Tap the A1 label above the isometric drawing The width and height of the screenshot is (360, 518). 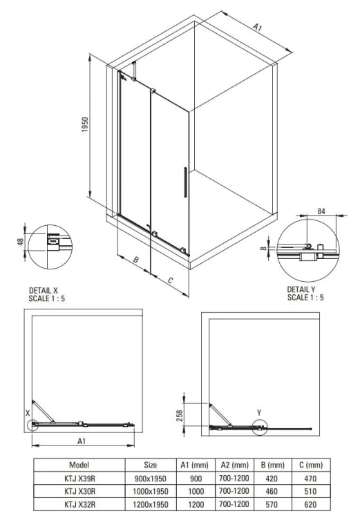click(x=257, y=28)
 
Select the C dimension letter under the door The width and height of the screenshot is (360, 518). click(x=170, y=280)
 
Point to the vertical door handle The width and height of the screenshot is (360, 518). click(x=184, y=184)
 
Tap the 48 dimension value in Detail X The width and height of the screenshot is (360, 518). click(x=21, y=242)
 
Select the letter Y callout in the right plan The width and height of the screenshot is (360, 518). click(x=259, y=412)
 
